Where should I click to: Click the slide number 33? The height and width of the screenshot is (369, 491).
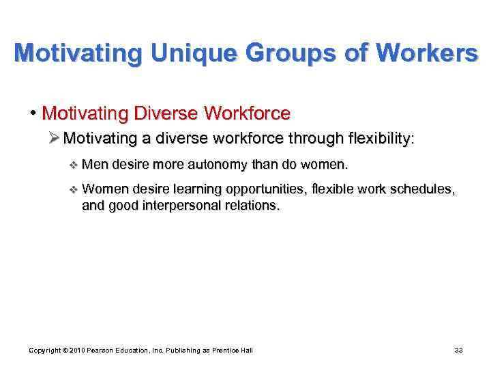point(458,351)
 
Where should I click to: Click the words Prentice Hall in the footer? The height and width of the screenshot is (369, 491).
point(233,351)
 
